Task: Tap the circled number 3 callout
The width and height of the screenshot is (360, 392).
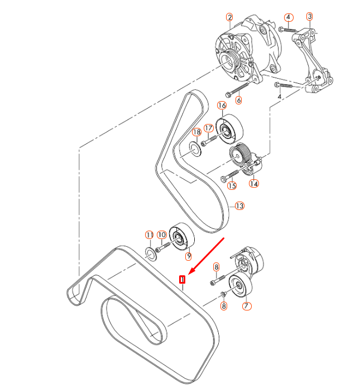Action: point(310,17)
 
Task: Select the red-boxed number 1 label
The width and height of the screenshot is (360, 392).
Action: point(181,279)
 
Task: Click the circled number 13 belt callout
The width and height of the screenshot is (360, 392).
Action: point(239,206)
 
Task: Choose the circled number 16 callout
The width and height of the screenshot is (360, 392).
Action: point(222,106)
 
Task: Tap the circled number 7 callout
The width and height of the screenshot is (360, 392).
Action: point(246,305)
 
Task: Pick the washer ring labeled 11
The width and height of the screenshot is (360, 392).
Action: point(151,255)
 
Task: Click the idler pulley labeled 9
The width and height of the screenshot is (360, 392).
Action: point(181,240)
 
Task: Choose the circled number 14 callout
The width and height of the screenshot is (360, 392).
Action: point(254,183)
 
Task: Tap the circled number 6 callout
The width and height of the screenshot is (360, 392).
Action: point(238,101)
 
